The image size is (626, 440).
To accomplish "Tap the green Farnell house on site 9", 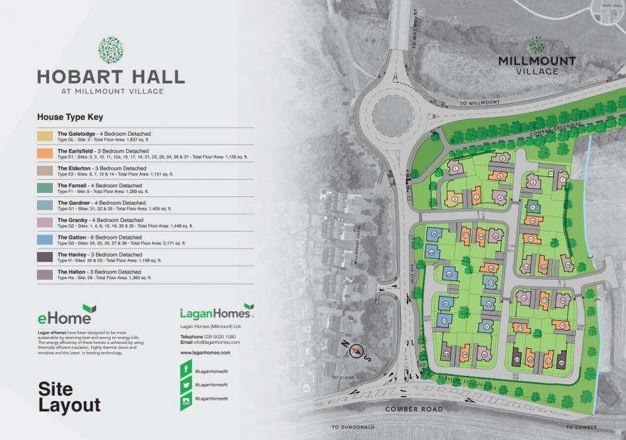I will point(531,207).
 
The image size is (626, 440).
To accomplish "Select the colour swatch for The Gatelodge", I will point(46,136).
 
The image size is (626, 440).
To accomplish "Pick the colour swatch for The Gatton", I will point(46,239).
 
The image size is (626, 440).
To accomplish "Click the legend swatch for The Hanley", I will point(46,256).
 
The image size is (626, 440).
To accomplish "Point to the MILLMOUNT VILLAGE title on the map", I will point(536,65).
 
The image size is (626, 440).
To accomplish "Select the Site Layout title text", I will point(70,397).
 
